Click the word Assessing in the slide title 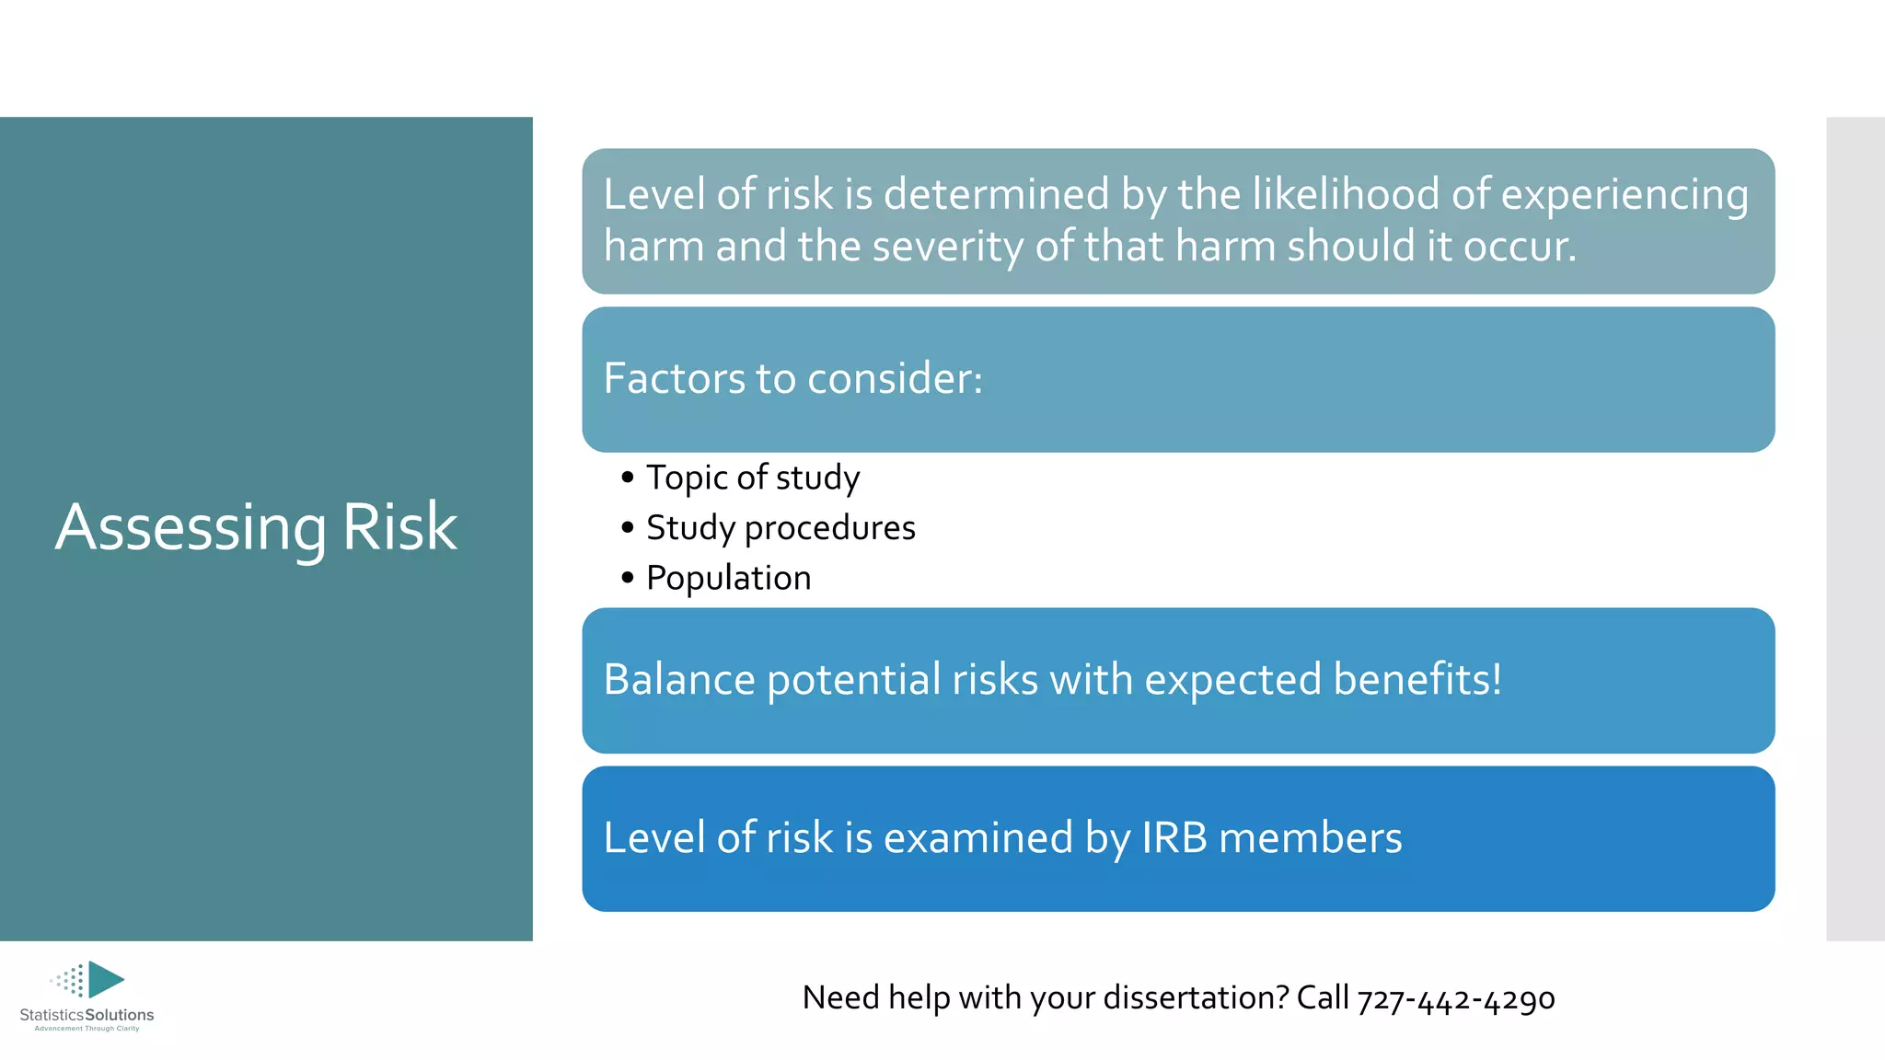click(190, 528)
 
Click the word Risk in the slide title click(399, 527)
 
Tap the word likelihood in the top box click(1325, 194)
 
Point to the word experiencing click(1625, 196)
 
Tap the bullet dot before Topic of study click(628, 478)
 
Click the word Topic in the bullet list click(687, 478)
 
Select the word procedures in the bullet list click(829, 529)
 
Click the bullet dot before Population click(628, 578)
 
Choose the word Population click(728, 578)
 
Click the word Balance click(679, 680)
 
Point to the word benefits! click(1417, 680)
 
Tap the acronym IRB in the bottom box click(1174, 838)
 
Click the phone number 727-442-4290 click(1456, 999)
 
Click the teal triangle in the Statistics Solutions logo click(105, 979)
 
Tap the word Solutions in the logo click(120, 1015)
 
